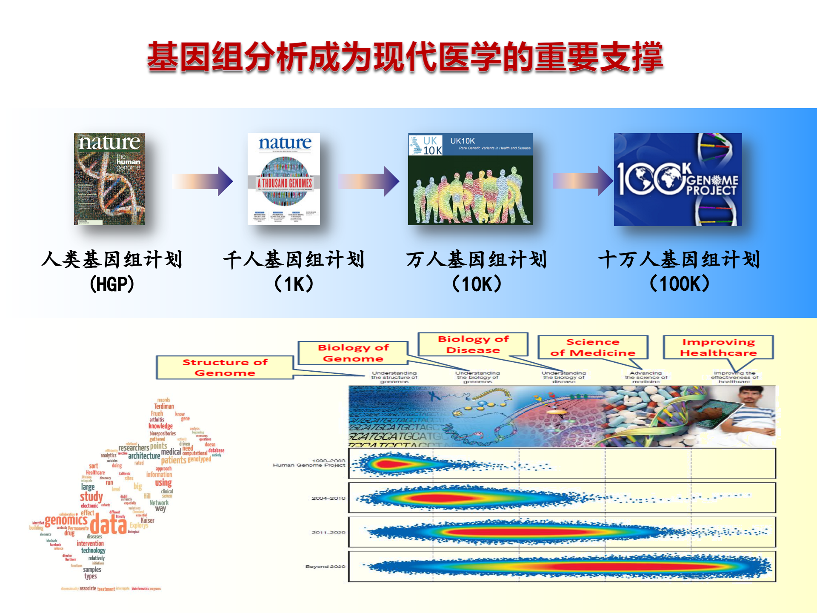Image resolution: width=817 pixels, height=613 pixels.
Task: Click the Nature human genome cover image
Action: coord(109,179)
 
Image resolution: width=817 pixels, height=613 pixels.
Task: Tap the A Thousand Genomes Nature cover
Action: coord(284,179)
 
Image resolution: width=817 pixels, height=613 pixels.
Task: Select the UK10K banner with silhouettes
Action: coord(470,179)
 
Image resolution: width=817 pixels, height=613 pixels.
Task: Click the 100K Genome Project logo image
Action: coord(677,179)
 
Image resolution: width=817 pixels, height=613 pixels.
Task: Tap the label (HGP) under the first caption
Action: coord(112,284)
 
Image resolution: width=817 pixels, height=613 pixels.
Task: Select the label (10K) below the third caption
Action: coord(477,284)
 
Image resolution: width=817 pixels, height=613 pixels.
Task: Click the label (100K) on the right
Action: coord(680,284)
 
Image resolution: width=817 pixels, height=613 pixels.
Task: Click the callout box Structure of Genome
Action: coord(225,367)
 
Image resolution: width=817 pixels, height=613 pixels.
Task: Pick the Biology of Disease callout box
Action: coord(473,344)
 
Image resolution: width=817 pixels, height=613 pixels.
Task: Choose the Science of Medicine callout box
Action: coord(592,347)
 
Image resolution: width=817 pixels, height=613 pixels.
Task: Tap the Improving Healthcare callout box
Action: coord(718,347)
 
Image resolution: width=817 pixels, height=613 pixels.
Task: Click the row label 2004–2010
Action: coord(328,498)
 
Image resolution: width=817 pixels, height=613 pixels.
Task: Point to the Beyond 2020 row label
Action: coord(325,567)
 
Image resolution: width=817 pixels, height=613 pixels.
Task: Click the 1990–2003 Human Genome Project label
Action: coord(309,463)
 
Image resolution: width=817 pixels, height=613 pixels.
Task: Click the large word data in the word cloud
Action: coord(108,524)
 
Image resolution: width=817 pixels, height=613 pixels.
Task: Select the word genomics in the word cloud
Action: coord(66,520)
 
